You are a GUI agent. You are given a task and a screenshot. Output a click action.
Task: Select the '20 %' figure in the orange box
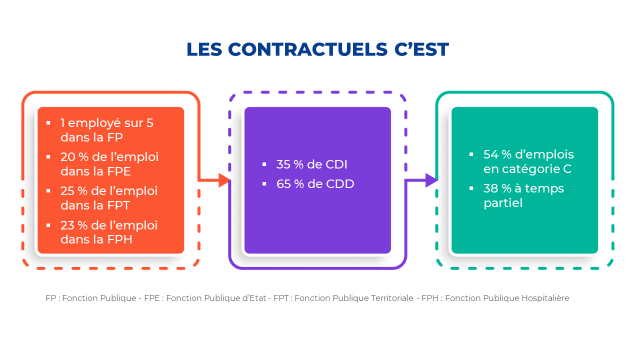(x=73, y=156)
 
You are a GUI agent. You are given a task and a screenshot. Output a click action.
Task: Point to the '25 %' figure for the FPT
(x=73, y=190)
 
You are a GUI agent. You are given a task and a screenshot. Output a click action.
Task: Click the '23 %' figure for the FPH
(x=73, y=224)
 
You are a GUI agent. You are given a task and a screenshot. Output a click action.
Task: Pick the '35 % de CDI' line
(x=312, y=164)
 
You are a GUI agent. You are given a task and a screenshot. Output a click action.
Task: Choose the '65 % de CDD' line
(x=314, y=184)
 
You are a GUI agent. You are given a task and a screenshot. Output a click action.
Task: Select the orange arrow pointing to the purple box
(x=215, y=180)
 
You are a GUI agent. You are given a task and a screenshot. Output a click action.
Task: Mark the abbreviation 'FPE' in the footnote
(x=152, y=299)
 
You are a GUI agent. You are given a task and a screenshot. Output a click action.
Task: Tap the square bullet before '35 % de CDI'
(x=264, y=164)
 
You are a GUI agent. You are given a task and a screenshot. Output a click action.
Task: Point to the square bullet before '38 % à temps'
(x=471, y=189)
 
